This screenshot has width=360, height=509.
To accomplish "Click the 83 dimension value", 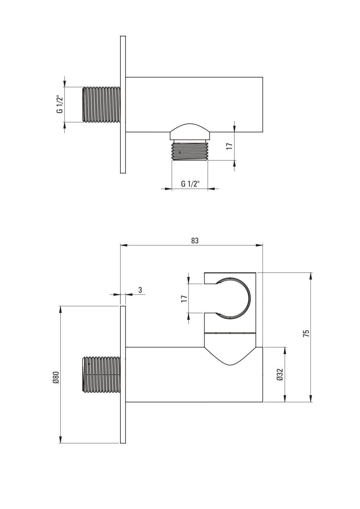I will [x=195, y=241].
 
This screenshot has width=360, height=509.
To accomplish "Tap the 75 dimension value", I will [x=306, y=333].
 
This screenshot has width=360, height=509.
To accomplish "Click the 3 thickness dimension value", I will [x=140, y=290].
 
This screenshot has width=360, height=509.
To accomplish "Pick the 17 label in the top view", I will [x=229, y=146].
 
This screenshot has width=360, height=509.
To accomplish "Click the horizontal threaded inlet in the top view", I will [x=101, y=104].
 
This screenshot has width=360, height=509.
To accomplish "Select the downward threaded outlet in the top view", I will [x=190, y=151].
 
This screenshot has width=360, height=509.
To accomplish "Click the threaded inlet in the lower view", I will [x=101, y=375].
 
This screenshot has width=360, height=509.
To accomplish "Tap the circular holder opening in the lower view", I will [x=232, y=298].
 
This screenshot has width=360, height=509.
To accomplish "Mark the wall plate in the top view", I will [x=123, y=104].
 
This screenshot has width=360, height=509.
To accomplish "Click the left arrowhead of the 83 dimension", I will [x=123, y=246].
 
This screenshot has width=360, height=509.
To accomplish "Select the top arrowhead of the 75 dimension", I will [x=311, y=276].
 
